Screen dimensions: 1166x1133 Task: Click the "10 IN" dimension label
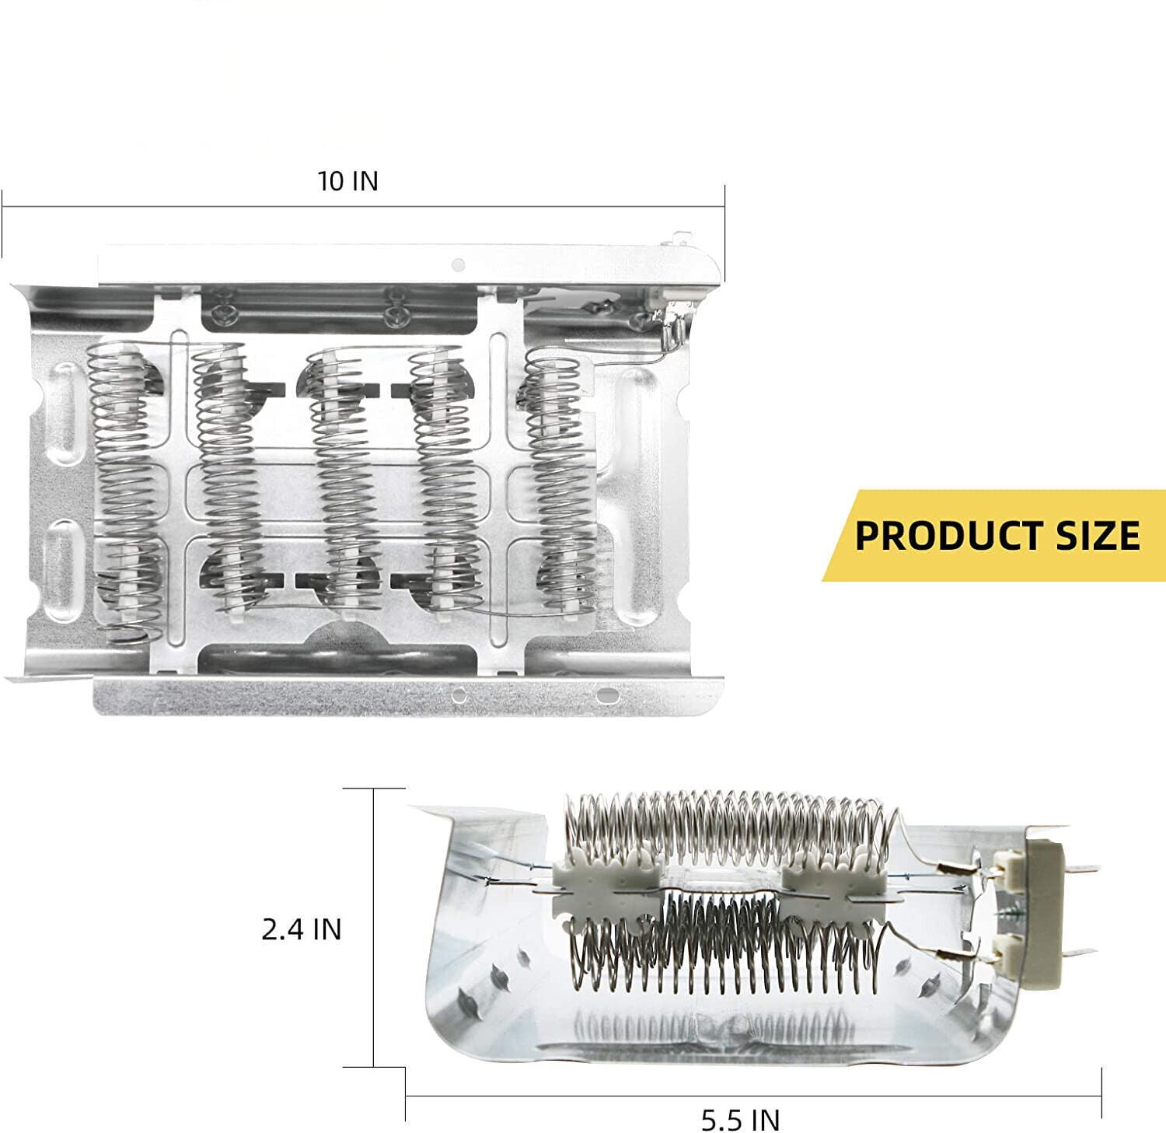(347, 181)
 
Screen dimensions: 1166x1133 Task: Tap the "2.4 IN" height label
(302, 929)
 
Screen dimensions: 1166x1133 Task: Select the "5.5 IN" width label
(741, 1120)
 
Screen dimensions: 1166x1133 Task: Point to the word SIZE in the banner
(1093, 536)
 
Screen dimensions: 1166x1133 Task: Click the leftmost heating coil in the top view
(124, 490)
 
